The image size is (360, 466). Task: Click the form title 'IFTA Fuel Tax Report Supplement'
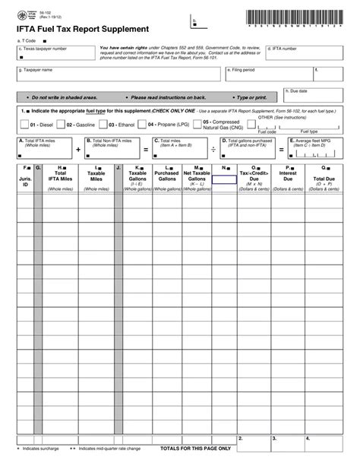point(77,29)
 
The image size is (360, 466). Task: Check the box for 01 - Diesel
point(25,124)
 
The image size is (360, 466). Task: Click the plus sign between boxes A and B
point(77,150)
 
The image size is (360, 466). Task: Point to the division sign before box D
point(213,150)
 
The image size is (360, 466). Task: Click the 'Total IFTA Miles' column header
point(60,179)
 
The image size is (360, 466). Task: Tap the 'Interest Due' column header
point(288,179)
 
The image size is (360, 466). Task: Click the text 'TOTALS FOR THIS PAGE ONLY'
point(195,449)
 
